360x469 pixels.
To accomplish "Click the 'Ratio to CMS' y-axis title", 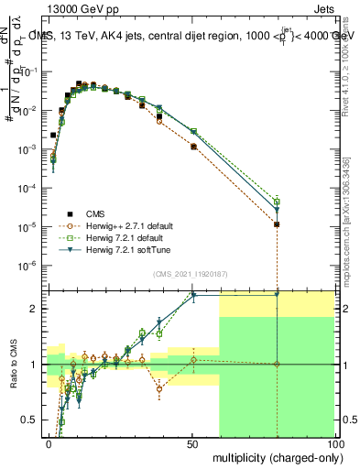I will [13, 365].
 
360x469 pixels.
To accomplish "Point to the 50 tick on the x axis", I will [191, 443].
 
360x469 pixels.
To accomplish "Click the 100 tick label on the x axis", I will [334, 443].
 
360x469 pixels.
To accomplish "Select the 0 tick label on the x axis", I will [49, 443].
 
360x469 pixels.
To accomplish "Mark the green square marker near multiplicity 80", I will [277, 202].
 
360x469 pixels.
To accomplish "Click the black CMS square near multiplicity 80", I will [277, 224].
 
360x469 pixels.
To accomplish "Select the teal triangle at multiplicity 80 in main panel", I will [277, 211].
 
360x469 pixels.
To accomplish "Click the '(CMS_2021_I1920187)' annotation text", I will [189, 273].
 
